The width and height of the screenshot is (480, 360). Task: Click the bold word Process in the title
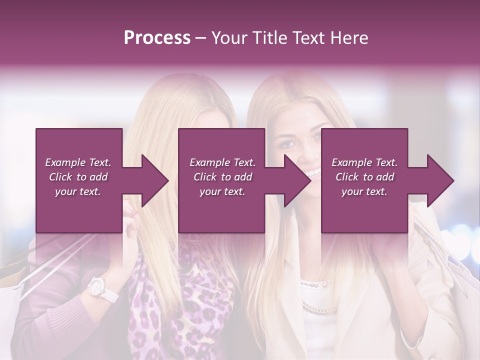[x=157, y=38]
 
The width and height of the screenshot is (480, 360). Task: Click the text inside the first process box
[x=78, y=177]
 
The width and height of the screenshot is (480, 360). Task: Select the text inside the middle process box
[x=222, y=177]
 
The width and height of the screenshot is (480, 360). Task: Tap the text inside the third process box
[x=364, y=177]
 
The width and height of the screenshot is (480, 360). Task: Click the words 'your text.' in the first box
[x=78, y=191]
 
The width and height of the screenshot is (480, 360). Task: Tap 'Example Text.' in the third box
[x=364, y=162]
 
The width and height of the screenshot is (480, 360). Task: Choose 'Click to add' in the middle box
[x=222, y=177]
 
